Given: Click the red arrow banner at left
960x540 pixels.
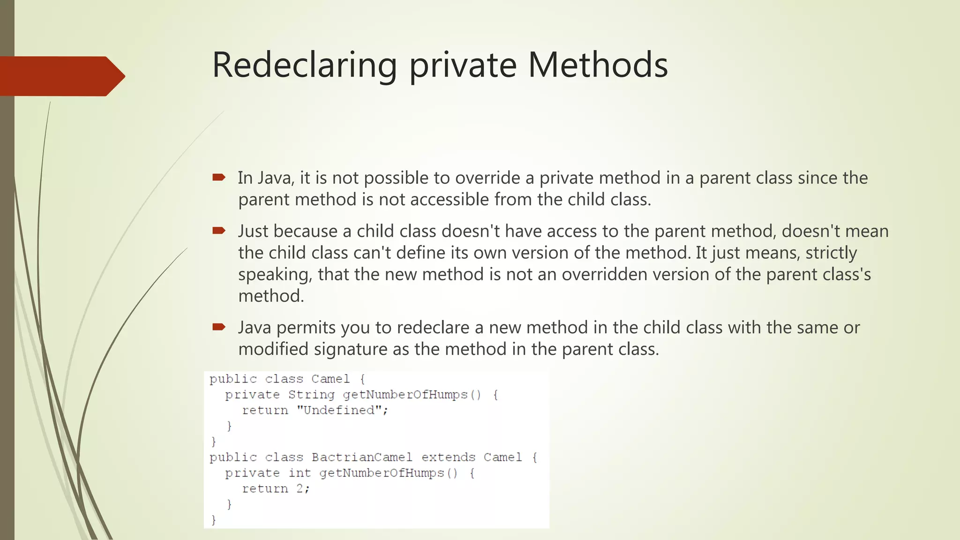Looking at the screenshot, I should (x=61, y=76).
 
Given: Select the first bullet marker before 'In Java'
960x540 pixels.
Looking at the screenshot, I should (x=218, y=177).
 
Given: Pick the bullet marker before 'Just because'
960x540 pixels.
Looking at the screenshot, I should (x=218, y=230).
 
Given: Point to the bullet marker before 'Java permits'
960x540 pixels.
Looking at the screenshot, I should (x=218, y=327).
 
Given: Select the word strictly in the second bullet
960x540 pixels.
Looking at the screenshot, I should (x=831, y=253).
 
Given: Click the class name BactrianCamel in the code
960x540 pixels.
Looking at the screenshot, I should (x=362, y=457).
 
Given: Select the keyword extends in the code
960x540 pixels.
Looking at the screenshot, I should (x=448, y=457).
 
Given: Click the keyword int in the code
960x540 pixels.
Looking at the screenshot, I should (x=300, y=473).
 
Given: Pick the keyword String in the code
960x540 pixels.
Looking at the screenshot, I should (x=311, y=395).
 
